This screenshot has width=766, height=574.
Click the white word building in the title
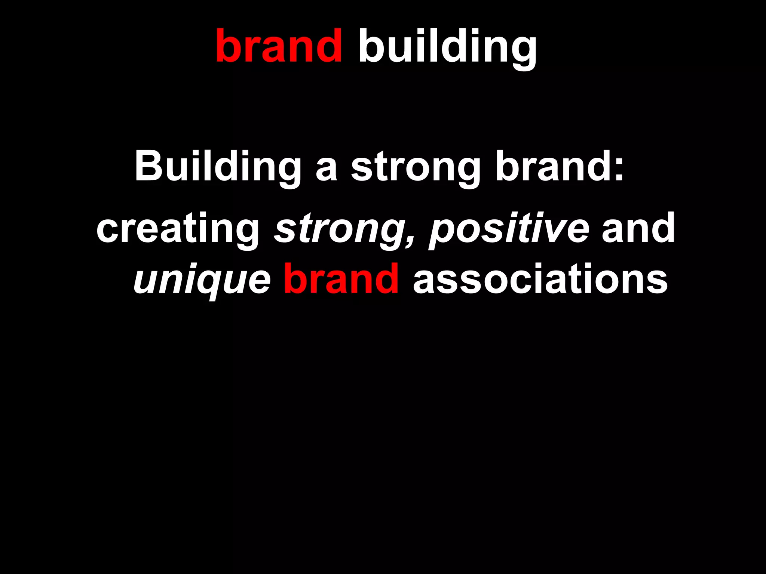click(x=447, y=47)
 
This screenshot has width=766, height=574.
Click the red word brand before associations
click(x=341, y=278)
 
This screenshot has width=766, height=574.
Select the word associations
click(x=540, y=279)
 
